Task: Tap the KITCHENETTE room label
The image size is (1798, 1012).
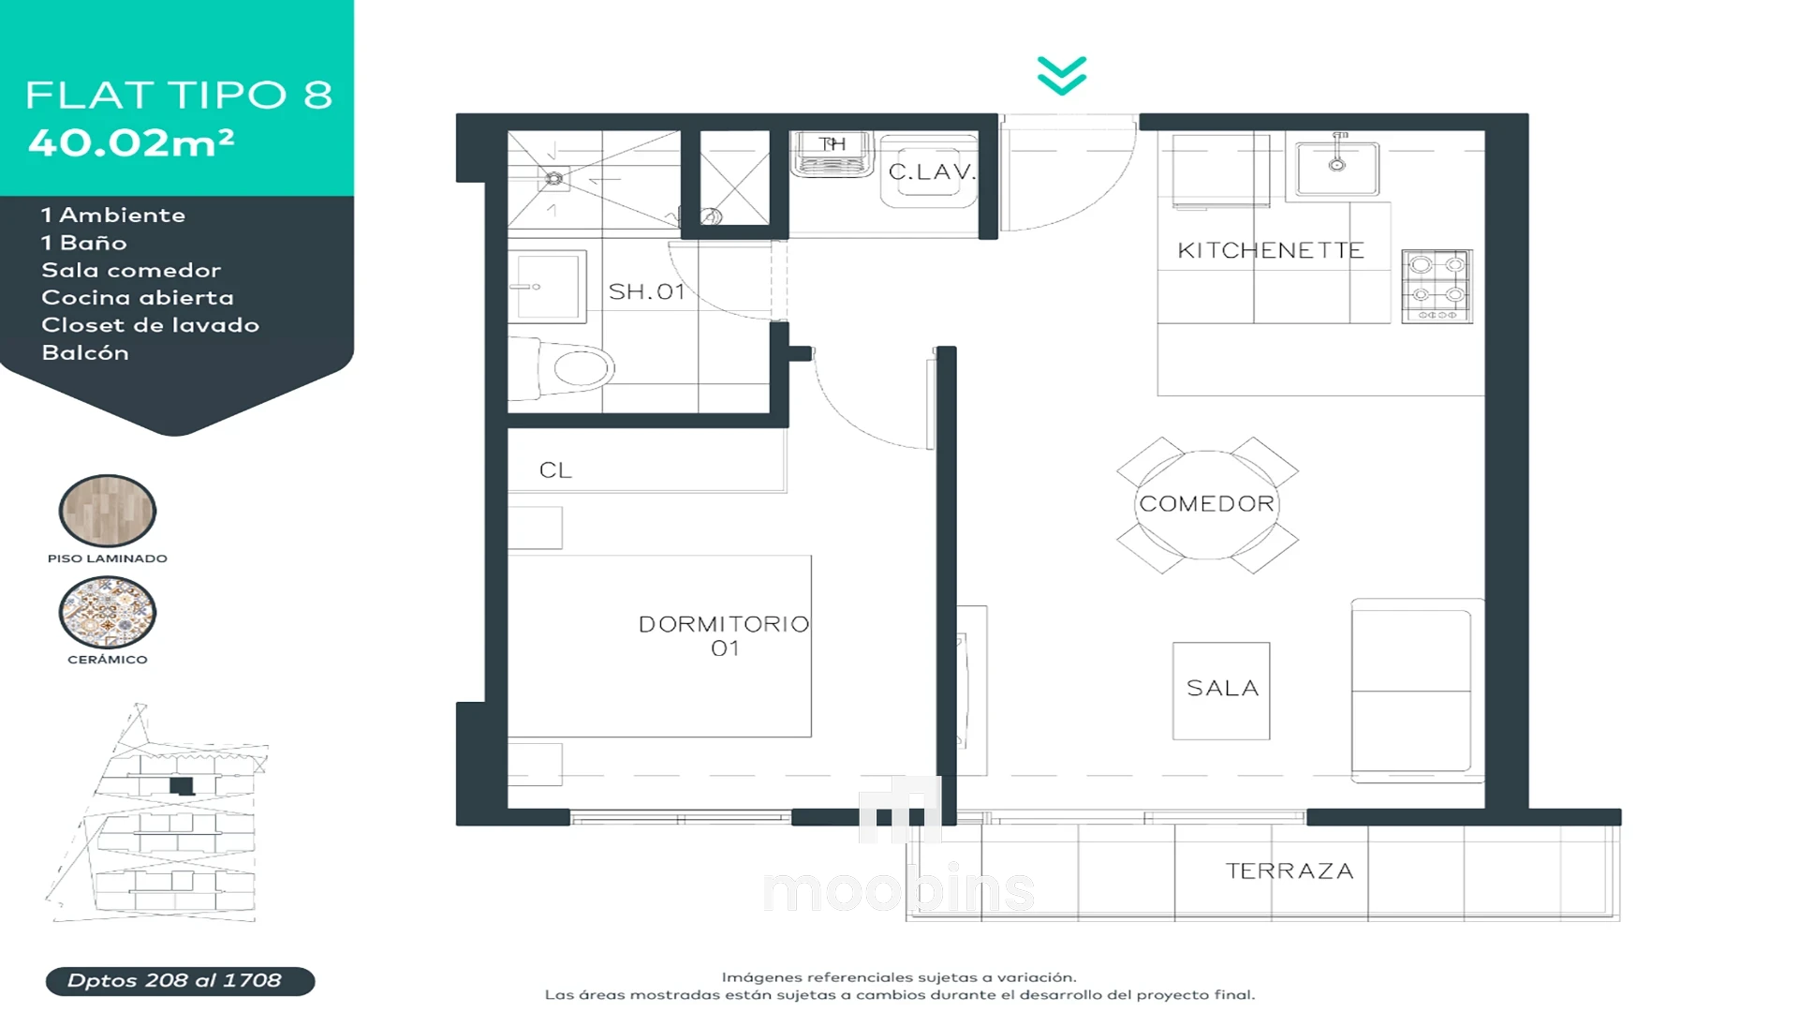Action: pyautogui.click(x=1271, y=251)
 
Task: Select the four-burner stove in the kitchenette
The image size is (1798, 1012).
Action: pyautogui.click(x=1437, y=287)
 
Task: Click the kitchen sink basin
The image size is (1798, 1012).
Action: pyautogui.click(x=1337, y=168)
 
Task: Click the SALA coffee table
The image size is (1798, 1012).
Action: pyautogui.click(x=1221, y=691)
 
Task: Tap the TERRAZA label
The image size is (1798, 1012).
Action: pyautogui.click(x=1290, y=871)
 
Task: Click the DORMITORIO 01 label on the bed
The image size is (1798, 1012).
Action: pyautogui.click(x=724, y=636)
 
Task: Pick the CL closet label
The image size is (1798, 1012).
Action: pyautogui.click(x=555, y=470)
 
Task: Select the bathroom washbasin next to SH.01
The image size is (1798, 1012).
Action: pyautogui.click(x=547, y=287)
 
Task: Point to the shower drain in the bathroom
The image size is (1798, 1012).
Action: pyautogui.click(x=554, y=178)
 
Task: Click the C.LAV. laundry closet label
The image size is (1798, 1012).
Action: pyautogui.click(x=932, y=172)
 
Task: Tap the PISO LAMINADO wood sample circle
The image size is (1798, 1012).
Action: pyautogui.click(x=108, y=511)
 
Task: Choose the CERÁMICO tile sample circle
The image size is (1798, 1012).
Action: pyautogui.click(x=108, y=612)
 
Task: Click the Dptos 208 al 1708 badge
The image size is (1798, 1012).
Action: pyautogui.click(x=180, y=981)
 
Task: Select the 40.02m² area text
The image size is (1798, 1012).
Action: pyautogui.click(x=131, y=142)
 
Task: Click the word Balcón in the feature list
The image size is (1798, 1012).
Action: pyautogui.click(x=85, y=353)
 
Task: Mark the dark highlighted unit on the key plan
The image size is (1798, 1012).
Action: pyautogui.click(x=182, y=786)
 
